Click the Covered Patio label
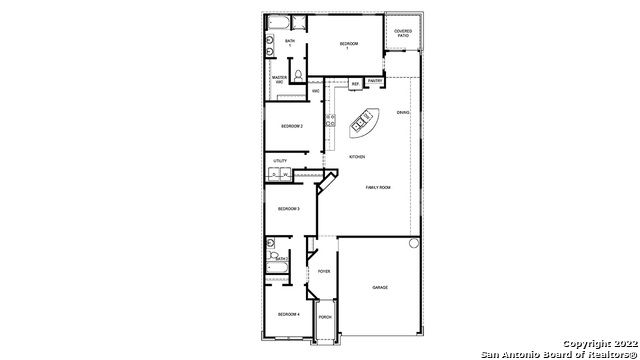pos(403,33)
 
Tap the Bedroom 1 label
pos(348,45)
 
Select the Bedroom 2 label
pos(291,126)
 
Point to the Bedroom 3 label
pos(289,208)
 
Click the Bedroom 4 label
pos(289,315)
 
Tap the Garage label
pos(380,288)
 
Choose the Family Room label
pos(378,188)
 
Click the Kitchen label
pos(357,157)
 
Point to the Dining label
pos(403,113)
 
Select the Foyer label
pos(324,271)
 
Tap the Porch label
pos(325,317)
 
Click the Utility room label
pos(281,161)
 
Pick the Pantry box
pos(375,81)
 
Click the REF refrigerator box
pos(355,84)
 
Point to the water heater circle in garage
pos(411,243)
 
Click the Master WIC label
pos(281,80)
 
